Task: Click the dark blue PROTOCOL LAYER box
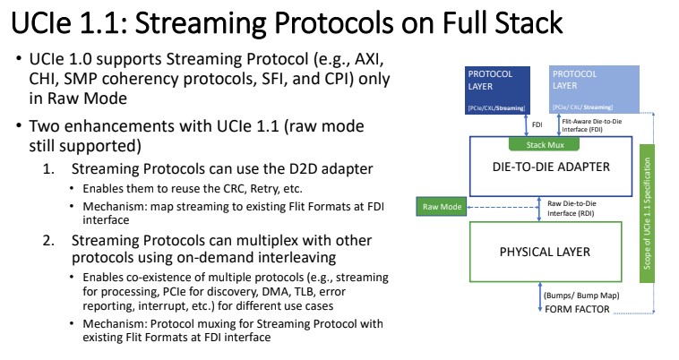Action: [x=498, y=90]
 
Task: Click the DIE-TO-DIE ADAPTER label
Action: [x=552, y=166]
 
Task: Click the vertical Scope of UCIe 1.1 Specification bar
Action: [x=658, y=227]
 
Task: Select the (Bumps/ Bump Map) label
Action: [x=578, y=295]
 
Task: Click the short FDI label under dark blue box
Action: [x=538, y=125]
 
